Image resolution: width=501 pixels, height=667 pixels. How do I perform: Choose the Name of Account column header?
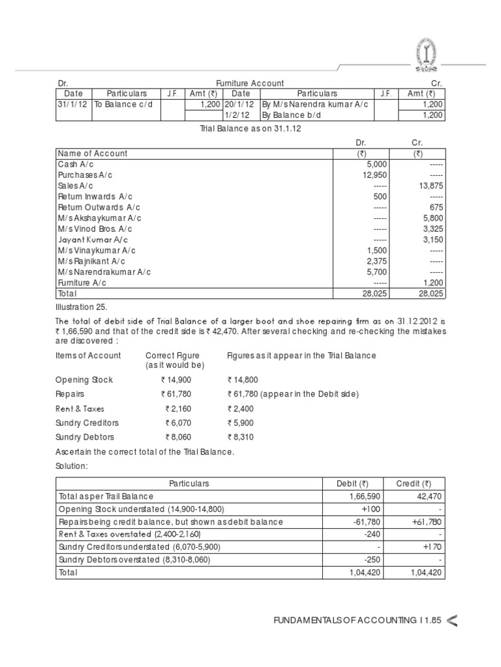[x=93, y=154]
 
